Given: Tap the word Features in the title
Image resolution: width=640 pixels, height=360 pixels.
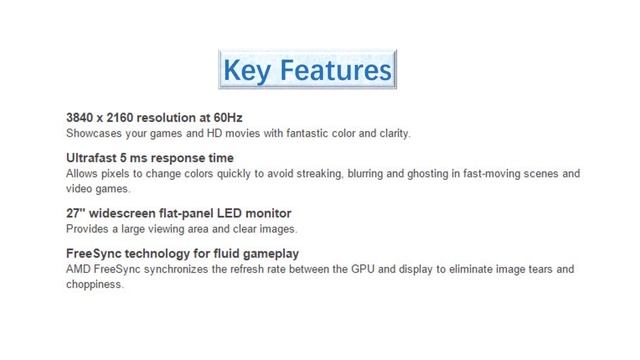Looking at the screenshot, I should tap(334, 70).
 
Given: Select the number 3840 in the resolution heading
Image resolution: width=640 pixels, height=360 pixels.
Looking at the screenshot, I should tap(82, 118).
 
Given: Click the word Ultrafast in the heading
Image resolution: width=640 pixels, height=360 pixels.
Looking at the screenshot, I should tap(93, 158).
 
